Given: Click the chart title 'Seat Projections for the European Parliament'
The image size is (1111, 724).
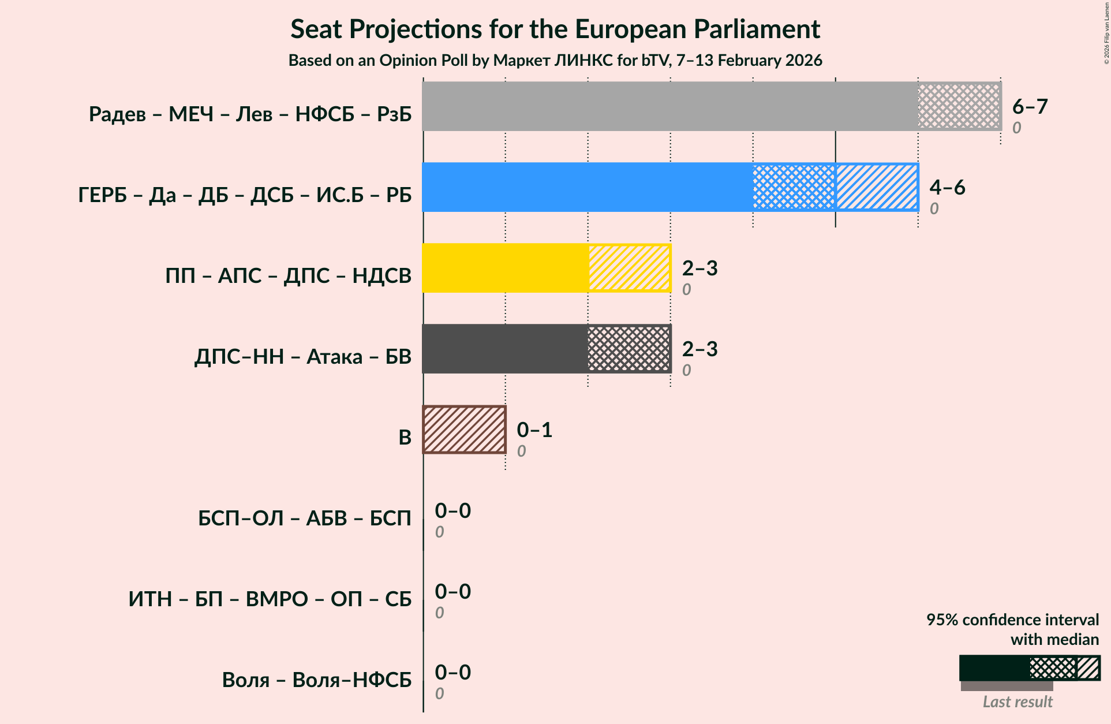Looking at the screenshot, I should [x=555, y=29].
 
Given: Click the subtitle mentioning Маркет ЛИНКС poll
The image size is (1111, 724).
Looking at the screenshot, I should [x=555, y=60].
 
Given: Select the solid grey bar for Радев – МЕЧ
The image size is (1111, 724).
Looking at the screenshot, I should [x=669, y=106].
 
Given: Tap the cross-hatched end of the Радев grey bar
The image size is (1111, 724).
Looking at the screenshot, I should [x=959, y=106].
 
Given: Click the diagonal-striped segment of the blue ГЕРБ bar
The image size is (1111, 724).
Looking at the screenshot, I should [x=876, y=187].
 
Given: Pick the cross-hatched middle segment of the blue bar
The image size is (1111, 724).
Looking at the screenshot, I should [x=794, y=187].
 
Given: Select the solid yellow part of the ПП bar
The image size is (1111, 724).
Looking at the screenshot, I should [x=505, y=268].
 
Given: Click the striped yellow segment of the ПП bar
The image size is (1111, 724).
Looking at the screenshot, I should [x=629, y=268].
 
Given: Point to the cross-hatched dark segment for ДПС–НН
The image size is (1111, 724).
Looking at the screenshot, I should [x=629, y=349].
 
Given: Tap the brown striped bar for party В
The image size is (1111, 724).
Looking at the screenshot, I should [x=464, y=430].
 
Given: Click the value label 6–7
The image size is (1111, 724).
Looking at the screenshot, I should [x=1030, y=106].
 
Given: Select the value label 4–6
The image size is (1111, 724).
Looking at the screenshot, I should [x=947, y=187].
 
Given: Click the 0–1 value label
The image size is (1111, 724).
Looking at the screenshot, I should [x=534, y=430].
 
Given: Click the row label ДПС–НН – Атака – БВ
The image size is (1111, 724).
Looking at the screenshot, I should [x=302, y=356].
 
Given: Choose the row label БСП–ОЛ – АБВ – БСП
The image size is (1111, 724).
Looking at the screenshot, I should [x=304, y=518].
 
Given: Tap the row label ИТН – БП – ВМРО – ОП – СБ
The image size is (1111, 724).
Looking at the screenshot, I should [x=270, y=599].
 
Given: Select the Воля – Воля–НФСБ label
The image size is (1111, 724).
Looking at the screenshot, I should [x=316, y=680].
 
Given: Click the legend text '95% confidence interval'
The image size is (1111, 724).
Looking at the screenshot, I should [x=1012, y=619].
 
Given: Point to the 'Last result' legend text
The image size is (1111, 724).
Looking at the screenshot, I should [x=1017, y=701].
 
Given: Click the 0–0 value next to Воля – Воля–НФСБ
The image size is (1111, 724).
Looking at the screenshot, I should [x=452, y=672].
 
